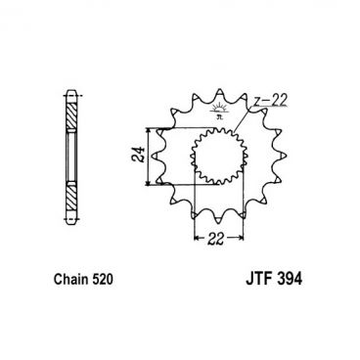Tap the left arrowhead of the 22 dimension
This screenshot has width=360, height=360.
point(200,237)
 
